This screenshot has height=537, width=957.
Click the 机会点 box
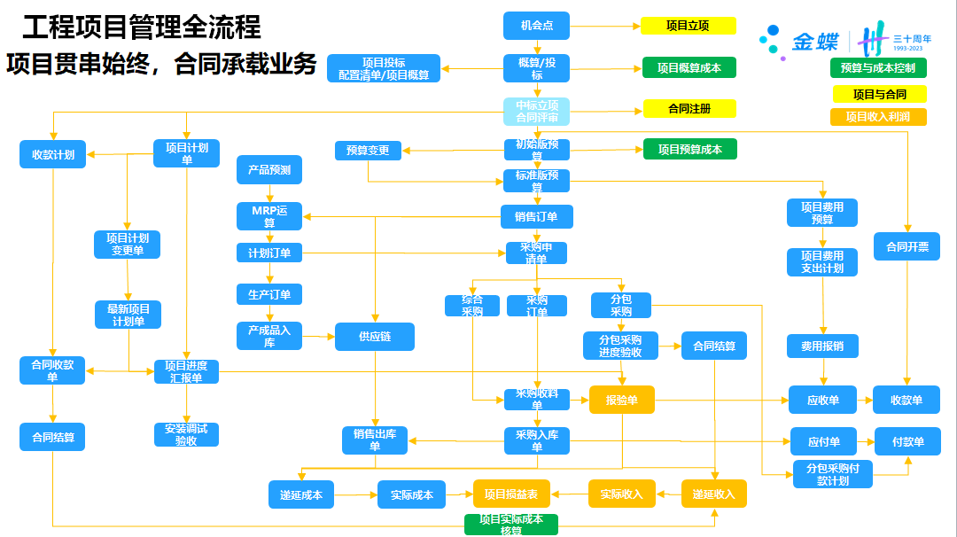(536, 26)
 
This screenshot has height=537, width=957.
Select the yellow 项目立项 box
(689, 26)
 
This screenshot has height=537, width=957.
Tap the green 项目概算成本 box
(689, 67)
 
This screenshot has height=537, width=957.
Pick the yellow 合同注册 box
(689, 108)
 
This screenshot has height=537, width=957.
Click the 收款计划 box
(53, 154)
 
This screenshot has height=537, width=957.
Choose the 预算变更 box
(368, 151)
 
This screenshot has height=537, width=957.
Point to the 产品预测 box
(269, 169)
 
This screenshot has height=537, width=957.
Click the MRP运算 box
(269, 216)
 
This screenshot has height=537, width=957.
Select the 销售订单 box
(536, 216)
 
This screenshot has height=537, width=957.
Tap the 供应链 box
(374, 337)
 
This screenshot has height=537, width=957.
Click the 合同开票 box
(906, 246)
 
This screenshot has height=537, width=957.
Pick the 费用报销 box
(822, 346)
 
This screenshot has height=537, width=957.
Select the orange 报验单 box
(621, 400)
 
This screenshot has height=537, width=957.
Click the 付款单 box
(907, 441)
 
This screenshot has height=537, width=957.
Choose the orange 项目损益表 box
(511, 494)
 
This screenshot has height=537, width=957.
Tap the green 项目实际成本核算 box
(511, 525)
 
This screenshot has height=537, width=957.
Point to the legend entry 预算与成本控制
(877, 67)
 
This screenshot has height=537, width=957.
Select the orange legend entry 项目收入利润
(877, 116)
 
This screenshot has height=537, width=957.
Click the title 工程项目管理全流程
(142, 27)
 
